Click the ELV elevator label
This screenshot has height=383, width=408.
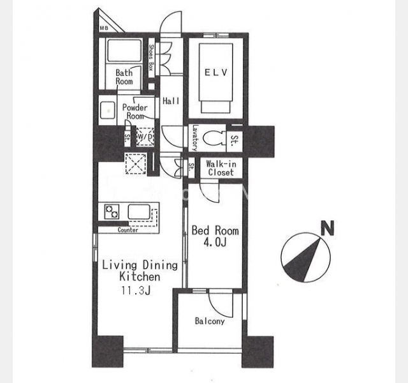click(216, 72)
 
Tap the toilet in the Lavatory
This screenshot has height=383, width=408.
click(214, 139)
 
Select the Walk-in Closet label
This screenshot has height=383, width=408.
click(221, 168)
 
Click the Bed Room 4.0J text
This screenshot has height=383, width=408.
click(215, 236)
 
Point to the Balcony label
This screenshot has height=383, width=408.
click(210, 321)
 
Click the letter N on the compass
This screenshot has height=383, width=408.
click(327, 229)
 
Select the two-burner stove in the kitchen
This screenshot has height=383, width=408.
click(112, 211)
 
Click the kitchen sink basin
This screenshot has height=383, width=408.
click(139, 211)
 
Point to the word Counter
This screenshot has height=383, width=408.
click(127, 230)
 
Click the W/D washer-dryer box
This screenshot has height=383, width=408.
click(145, 136)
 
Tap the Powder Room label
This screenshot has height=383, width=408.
click(135, 112)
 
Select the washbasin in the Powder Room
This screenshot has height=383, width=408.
click(107, 110)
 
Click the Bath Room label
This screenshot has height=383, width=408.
click(124, 77)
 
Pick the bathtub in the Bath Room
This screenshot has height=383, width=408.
click(124, 51)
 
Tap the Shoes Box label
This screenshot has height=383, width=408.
click(151, 58)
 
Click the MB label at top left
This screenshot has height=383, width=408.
click(104, 28)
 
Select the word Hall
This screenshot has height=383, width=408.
click(171, 101)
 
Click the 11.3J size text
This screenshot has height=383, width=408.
click(136, 290)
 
